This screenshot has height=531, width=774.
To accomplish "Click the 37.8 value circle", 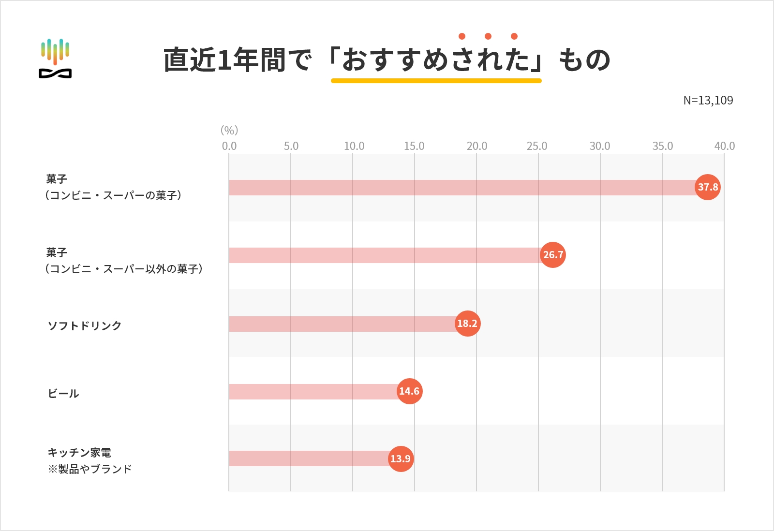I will tap(708, 187).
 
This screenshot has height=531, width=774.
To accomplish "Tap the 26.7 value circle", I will tap(553, 255).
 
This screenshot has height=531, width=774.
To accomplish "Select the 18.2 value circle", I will tap(467, 324).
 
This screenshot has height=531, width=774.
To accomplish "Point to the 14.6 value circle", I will tap(410, 391).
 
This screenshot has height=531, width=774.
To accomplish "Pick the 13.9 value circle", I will tap(401, 459).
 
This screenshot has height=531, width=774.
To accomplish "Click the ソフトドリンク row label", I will tap(85, 326).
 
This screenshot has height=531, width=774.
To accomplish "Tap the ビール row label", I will tap(63, 394).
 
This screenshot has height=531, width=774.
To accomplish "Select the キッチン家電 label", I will tap(79, 453).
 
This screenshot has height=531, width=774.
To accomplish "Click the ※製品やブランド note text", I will tap(90, 469).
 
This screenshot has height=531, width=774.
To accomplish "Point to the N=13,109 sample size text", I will tap(708, 101).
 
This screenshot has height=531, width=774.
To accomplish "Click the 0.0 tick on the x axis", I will tap(229, 146).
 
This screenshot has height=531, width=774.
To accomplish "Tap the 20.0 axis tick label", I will tap(477, 146).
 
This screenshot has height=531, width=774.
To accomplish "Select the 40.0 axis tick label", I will tap(724, 146).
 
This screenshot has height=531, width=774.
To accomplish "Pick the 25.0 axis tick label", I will tap(537, 146).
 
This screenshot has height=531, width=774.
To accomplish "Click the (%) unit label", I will tap(229, 130).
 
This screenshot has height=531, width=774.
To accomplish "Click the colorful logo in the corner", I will tap(55, 59).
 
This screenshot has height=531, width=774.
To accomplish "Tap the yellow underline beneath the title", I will tap(436, 81).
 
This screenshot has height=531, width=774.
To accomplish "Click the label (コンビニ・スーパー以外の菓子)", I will tap(124, 269).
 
